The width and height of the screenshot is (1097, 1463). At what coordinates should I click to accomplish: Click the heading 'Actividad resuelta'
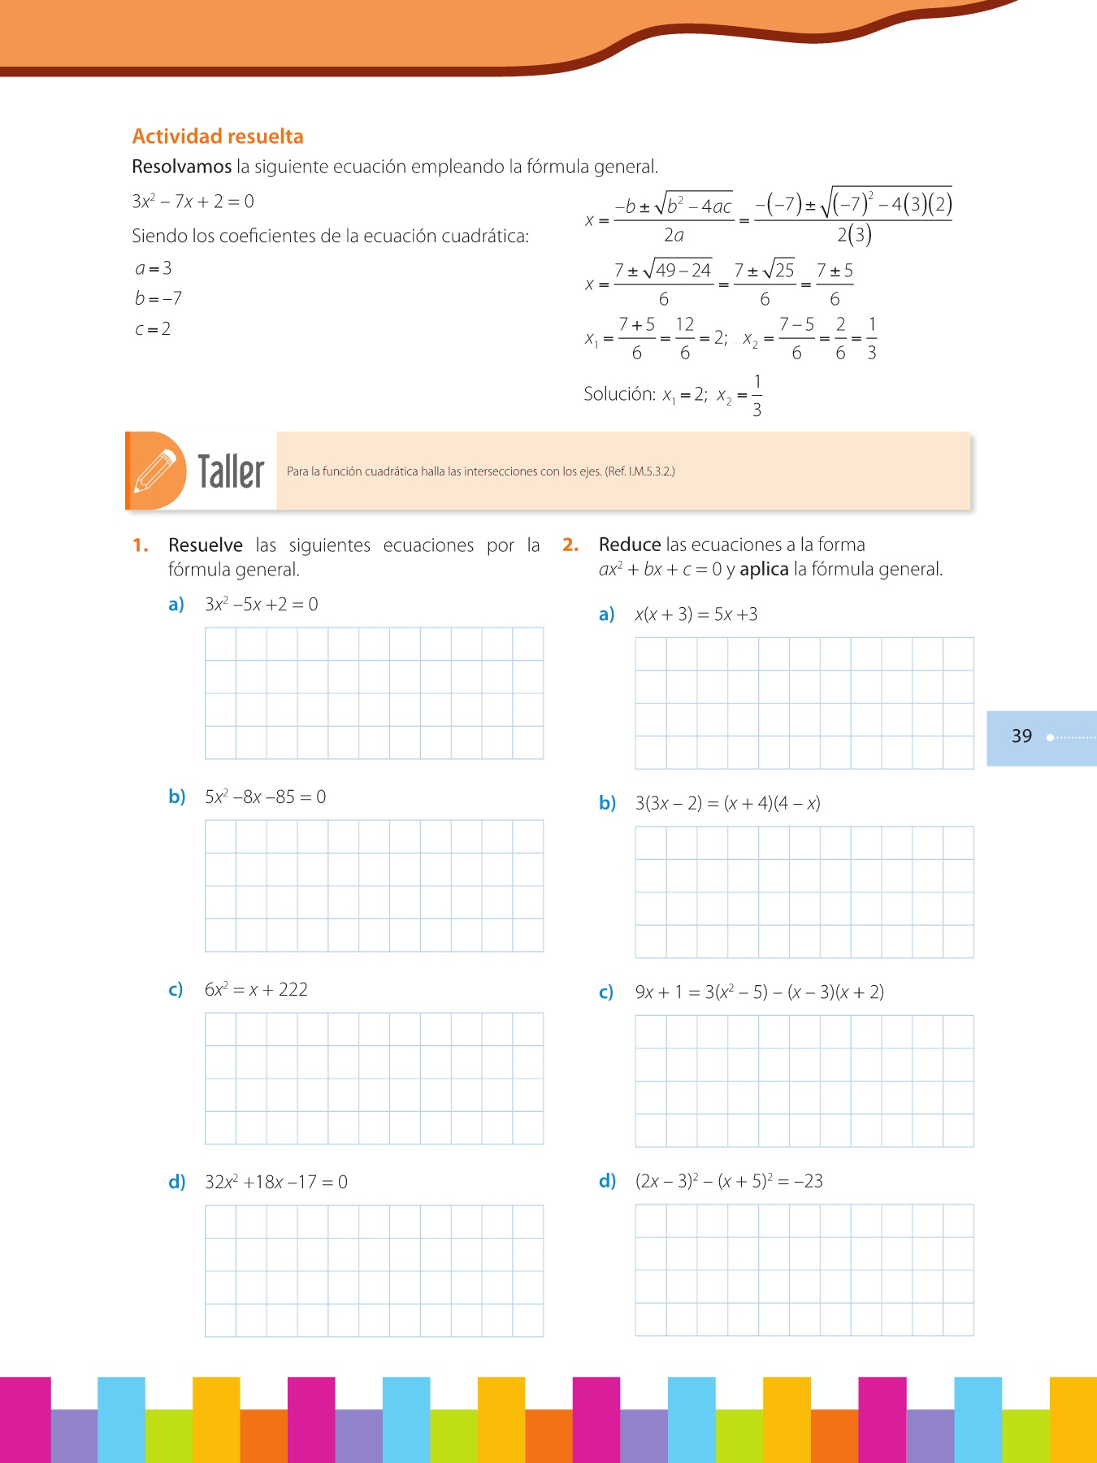[x=218, y=137]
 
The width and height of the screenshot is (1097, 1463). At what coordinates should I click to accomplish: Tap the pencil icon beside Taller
[x=155, y=471]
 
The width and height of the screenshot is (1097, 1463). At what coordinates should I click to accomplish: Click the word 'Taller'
[x=232, y=472]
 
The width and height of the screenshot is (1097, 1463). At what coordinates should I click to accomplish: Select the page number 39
[x=1021, y=736]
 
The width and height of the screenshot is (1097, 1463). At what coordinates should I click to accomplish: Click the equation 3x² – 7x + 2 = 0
[x=193, y=202]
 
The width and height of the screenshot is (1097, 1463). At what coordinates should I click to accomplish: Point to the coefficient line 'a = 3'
[x=154, y=268]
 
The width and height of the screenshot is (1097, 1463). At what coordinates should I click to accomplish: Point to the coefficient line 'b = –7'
[x=158, y=298]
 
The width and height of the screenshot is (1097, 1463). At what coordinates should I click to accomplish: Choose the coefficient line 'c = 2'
[x=153, y=329]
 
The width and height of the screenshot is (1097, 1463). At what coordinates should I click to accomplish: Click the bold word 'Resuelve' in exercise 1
[x=206, y=545]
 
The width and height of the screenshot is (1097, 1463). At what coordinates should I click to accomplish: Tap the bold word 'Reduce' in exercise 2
[x=630, y=545]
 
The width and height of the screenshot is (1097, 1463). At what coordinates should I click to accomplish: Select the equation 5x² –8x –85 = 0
[x=265, y=797]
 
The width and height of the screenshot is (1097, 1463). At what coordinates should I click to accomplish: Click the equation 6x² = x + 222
[x=256, y=990]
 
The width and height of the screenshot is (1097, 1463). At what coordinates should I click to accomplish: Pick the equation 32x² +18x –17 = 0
[x=276, y=1183]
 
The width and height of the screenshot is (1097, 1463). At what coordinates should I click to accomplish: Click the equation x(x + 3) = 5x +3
[x=696, y=614]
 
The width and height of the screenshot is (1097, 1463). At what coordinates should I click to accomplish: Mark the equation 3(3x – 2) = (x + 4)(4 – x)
[x=728, y=804]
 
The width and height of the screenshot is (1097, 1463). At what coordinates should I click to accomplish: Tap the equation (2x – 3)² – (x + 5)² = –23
[x=729, y=1181]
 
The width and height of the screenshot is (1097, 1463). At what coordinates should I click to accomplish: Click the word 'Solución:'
[x=619, y=394]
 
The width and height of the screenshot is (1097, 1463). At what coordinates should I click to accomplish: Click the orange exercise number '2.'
[x=570, y=545]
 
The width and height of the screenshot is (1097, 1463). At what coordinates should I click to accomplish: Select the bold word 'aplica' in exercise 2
[x=764, y=569]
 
